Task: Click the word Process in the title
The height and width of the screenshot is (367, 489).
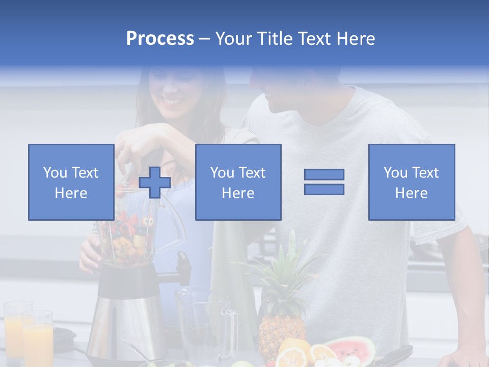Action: (160, 39)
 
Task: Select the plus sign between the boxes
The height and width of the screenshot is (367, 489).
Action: (155, 182)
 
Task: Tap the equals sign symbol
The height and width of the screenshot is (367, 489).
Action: (324, 182)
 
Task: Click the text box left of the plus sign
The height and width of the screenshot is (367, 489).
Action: (71, 182)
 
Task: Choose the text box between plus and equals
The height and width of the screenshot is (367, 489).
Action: (238, 182)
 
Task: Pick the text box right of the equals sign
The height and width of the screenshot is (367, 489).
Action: (411, 182)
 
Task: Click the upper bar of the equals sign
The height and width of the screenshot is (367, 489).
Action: (324, 175)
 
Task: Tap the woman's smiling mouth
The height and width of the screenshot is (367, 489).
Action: (173, 100)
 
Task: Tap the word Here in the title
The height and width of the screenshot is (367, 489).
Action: (354, 39)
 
